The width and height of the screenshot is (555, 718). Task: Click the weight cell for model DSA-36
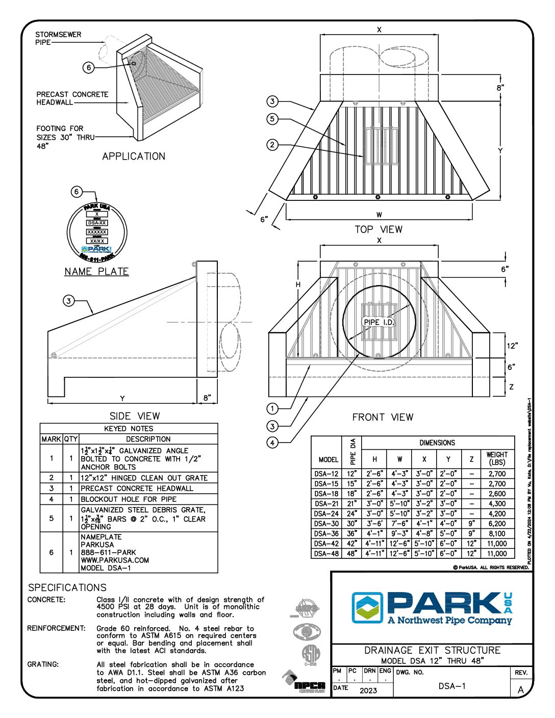pos(497,534)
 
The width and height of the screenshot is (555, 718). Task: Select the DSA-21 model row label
pos(326,504)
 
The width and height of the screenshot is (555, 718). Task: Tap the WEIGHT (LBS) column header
pos(497,458)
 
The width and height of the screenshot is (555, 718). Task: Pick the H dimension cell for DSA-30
pos(375,524)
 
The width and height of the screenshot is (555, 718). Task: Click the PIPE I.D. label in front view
pos(379,322)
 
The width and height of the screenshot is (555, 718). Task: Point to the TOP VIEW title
pos(379,229)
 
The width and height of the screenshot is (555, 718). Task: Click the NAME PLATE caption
pos(96,271)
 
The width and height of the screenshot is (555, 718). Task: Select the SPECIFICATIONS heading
pos(67,587)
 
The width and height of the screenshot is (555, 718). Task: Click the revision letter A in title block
pos(521,690)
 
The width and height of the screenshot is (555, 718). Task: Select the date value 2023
pos(368,690)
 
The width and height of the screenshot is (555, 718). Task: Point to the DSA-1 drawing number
pos(452,686)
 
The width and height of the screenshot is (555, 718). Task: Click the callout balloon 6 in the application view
pos(89,67)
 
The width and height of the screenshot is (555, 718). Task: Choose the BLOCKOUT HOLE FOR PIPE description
pos(129,499)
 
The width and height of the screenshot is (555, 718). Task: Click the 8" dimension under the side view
pos(207,398)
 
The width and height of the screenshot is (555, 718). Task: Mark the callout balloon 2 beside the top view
pos(272,145)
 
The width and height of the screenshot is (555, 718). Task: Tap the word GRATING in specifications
pos(43,664)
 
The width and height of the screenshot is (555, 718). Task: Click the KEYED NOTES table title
pos(129,428)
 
